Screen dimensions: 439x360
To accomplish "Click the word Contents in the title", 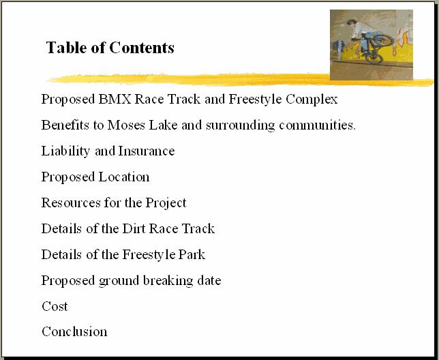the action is click(x=142, y=47).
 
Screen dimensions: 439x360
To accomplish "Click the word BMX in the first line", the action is click(x=115, y=99).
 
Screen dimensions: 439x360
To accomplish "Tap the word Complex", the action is click(x=312, y=100).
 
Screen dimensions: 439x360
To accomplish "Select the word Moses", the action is click(x=126, y=125).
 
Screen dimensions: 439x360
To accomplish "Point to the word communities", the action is click(x=317, y=125).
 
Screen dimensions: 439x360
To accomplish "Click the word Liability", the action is click(x=65, y=151).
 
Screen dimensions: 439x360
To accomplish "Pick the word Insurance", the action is click(x=147, y=151).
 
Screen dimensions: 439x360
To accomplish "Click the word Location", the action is click(x=124, y=177).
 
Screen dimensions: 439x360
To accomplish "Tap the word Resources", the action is click(x=71, y=202).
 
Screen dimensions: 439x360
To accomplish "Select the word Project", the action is click(x=166, y=203).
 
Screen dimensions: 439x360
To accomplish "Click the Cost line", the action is click(x=55, y=306).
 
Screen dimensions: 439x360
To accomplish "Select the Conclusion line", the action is click(x=74, y=332).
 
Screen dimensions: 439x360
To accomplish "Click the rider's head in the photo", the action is click(x=351, y=22).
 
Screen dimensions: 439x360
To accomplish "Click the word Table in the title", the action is click(x=66, y=47).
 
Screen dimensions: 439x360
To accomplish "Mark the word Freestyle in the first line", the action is click(x=255, y=100).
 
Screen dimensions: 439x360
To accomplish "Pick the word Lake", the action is click(x=163, y=125).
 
